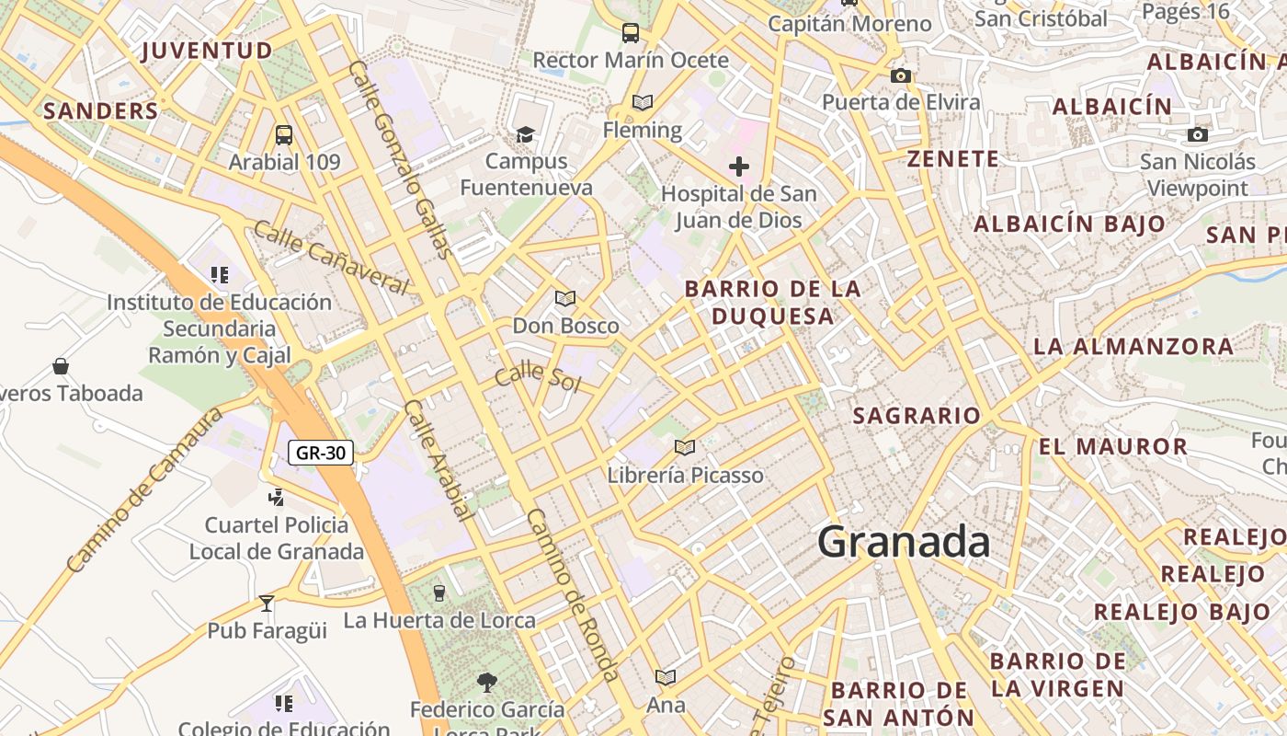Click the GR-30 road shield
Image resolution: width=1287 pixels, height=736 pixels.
tap(321, 453)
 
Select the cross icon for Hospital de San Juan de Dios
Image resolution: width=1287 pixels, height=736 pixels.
tap(739, 167)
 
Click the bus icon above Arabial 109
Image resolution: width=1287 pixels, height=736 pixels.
tap(284, 135)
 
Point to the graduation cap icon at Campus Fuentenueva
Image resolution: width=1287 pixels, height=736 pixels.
tap(525, 134)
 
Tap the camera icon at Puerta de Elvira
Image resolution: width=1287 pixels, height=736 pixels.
tap(901, 75)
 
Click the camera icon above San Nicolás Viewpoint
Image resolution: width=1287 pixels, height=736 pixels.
tap(1197, 135)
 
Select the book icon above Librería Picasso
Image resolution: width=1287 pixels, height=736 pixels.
tap(684, 447)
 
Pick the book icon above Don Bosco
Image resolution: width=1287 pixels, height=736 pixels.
tap(564, 298)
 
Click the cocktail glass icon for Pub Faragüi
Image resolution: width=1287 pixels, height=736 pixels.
tap(267, 604)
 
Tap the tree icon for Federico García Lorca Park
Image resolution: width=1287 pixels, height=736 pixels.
tap(486, 682)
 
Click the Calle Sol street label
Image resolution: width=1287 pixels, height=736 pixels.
tap(538, 378)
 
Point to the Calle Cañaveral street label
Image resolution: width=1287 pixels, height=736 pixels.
tap(330, 259)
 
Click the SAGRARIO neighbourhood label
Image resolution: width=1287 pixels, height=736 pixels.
tap(917, 416)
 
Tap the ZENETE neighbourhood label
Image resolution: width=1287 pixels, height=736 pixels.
tap(953, 159)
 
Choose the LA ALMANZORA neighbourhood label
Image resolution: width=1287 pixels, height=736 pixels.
tap(1133, 347)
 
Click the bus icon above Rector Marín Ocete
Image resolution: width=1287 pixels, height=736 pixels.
tap(631, 33)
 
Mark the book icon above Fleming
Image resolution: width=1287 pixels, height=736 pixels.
tap(643, 103)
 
